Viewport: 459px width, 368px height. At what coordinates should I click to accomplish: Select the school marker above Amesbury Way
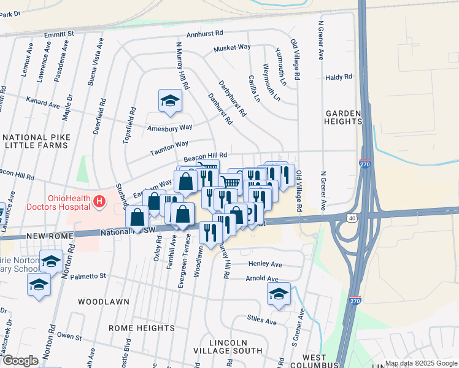click(x=170, y=101)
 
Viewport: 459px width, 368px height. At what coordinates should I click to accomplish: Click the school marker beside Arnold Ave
click(x=279, y=294)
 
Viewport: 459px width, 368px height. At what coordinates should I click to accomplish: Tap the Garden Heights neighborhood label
click(x=343, y=117)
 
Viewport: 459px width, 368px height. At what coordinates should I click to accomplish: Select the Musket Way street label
click(x=232, y=47)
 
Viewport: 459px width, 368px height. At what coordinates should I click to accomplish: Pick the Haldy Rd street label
click(x=339, y=77)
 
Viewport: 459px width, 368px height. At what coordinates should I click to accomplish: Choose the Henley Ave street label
click(x=265, y=264)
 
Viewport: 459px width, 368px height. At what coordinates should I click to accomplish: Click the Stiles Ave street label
click(x=263, y=320)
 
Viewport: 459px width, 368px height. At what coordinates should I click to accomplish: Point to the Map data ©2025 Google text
click(x=420, y=363)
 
